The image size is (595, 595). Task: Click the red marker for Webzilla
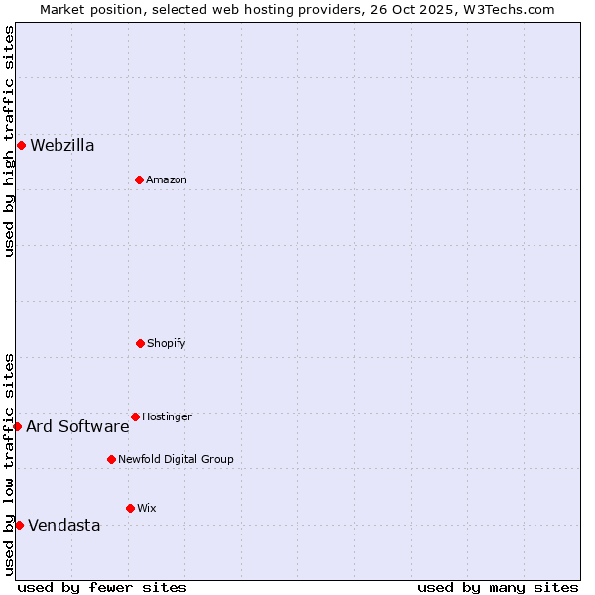click(x=21, y=145)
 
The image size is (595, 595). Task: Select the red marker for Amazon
click(x=139, y=179)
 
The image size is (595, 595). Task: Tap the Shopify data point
click(x=140, y=343)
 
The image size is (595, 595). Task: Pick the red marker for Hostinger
click(x=135, y=416)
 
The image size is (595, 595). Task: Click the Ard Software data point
click(x=17, y=426)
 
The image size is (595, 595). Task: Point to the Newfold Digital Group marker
click(x=111, y=459)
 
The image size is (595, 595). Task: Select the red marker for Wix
click(x=130, y=508)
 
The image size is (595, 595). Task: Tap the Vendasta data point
click(x=19, y=525)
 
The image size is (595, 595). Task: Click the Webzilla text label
click(x=62, y=145)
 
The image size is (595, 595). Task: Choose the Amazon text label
click(x=167, y=179)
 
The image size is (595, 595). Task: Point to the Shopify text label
click(x=167, y=343)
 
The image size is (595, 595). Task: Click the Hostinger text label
click(x=167, y=416)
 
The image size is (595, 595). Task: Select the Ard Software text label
click(x=77, y=426)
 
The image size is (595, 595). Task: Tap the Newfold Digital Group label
click(x=176, y=459)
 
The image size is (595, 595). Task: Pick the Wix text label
click(x=147, y=508)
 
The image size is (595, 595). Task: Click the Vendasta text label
click(x=64, y=525)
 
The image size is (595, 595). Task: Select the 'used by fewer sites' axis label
click(x=102, y=587)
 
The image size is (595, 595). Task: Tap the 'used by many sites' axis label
click(x=498, y=587)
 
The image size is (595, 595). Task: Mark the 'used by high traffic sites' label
click(x=9, y=141)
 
